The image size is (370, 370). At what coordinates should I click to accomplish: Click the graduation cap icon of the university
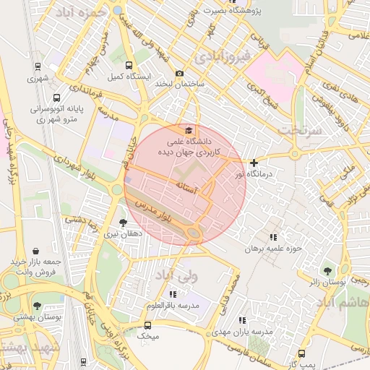189,130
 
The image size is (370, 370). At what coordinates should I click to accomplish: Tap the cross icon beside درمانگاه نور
254,163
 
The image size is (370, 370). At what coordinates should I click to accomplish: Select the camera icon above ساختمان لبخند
180,73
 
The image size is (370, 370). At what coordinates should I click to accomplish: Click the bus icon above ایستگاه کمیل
129,65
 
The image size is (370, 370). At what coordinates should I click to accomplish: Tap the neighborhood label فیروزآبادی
214,55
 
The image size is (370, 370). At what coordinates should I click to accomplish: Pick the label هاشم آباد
345,304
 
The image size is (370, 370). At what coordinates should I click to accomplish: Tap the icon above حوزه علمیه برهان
273,236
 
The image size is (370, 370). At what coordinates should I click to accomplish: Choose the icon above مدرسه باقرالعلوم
172,294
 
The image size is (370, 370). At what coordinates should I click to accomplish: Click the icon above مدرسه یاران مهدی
242,319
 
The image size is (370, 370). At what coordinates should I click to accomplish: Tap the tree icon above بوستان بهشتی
37,306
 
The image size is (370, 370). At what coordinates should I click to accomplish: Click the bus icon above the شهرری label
37,67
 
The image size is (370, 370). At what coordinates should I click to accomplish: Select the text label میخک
147,336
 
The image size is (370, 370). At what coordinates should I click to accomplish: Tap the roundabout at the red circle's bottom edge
194,233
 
